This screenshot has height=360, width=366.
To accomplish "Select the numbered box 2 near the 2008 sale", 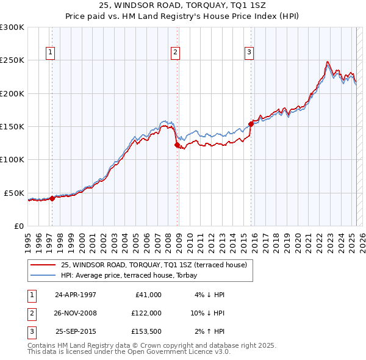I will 175,52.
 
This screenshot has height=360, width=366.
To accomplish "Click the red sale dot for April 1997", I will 52,198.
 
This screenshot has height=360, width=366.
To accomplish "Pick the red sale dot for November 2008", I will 177,145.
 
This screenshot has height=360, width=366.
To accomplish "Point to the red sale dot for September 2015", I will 251,124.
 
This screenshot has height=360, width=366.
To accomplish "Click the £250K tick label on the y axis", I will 12,60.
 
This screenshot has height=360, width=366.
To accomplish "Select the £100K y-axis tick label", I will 12,159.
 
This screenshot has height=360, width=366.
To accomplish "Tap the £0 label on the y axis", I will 18,226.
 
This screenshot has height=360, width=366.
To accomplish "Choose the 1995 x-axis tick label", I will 27,240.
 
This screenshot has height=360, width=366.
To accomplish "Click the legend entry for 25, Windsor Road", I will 153,265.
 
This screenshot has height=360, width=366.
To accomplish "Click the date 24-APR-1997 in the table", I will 76,294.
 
